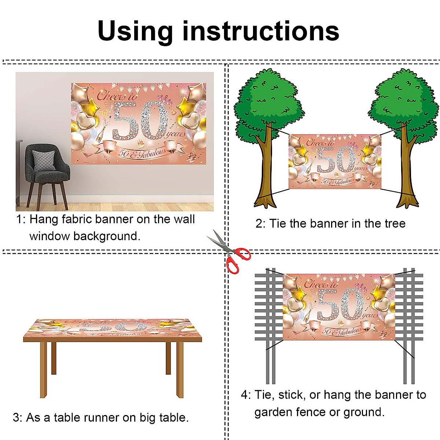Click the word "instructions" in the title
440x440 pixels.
tap(261, 32)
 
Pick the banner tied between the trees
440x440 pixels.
tap(334, 162)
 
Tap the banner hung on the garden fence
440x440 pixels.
tap(339, 307)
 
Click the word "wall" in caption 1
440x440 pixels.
tap(184, 219)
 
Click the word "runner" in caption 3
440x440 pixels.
tap(109, 418)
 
